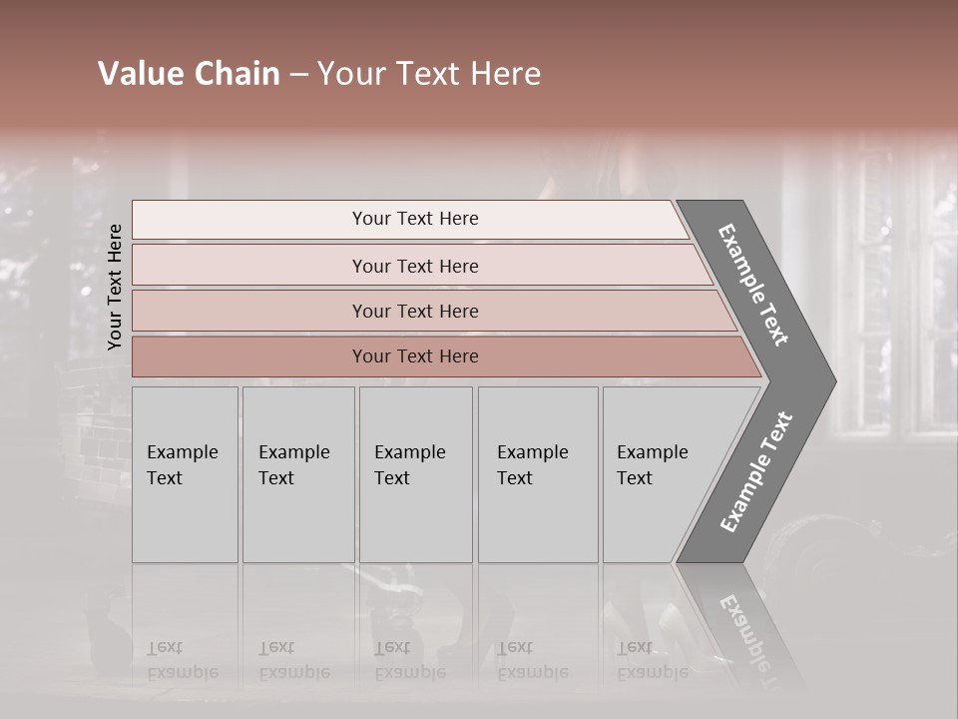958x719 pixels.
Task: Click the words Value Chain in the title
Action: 189,74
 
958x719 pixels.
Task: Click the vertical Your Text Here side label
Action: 115,287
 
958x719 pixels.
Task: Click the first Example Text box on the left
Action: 185,474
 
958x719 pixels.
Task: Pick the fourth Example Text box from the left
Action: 538,474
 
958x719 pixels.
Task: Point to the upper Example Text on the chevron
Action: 753,286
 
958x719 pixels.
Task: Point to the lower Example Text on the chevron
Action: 755,471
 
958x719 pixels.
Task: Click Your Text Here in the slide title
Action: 429,74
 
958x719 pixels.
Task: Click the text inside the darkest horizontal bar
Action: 415,357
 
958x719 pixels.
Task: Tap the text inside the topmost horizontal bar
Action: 415,219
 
